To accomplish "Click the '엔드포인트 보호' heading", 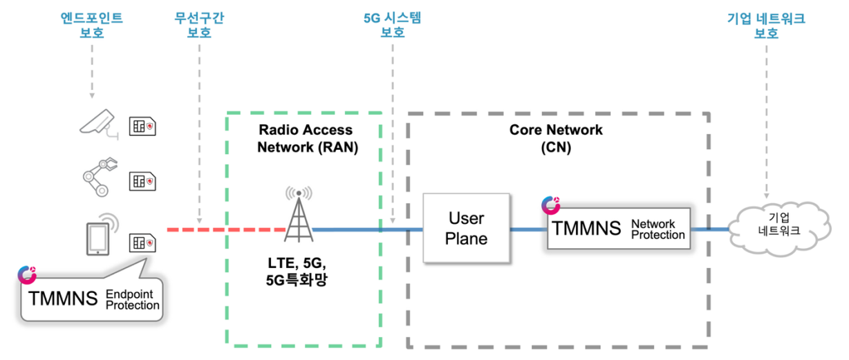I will tap(92, 26).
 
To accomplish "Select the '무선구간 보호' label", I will tap(199, 26).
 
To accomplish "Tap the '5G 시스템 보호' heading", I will tap(392, 26).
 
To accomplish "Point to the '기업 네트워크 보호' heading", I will tap(765, 26).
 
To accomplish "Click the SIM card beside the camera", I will tap(142, 126).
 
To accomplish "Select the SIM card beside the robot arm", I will tap(142, 181).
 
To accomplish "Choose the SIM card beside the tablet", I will tap(142, 242).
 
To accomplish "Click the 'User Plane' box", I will tap(466, 229).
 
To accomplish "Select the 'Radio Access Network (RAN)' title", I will tap(305, 138).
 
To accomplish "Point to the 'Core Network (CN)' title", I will tap(556, 138).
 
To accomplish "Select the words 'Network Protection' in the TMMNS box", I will tap(657, 229).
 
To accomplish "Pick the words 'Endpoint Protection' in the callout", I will tap(132, 300).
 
